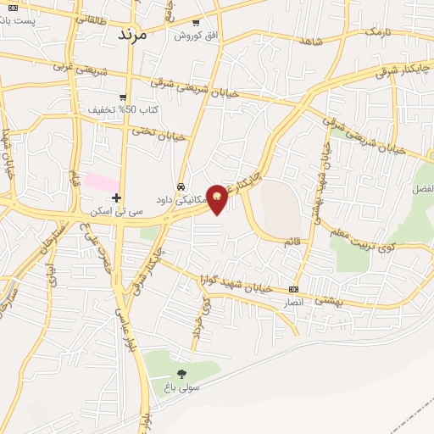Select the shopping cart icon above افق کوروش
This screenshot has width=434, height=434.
click(x=196, y=23)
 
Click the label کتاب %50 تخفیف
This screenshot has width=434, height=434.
click(x=124, y=109)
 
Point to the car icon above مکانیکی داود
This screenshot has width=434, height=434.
click(x=181, y=186)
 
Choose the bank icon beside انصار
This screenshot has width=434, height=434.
click(x=294, y=289)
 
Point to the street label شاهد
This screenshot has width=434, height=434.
click(x=311, y=40)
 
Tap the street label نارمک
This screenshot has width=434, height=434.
click(x=380, y=31)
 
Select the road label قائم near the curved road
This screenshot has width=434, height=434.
click(x=292, y=242)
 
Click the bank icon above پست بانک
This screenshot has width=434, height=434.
click(x=12, y=8)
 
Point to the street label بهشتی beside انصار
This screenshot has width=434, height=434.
click(x=329, y=300)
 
